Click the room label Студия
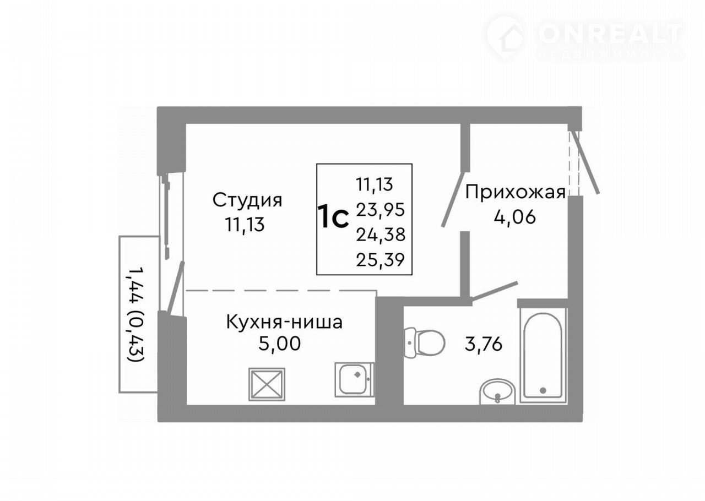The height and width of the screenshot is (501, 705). [247, 201]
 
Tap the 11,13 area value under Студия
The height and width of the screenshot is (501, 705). [245, 225]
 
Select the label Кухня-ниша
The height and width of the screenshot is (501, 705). [284, 322]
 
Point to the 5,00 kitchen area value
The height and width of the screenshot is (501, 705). [279, 344]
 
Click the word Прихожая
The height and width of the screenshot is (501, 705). [516, 192]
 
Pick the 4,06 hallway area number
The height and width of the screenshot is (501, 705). [514, 216]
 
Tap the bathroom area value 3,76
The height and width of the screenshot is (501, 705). [484, 344]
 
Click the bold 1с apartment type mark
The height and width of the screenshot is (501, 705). [333, 216]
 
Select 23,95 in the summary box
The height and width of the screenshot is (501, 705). [380, 210]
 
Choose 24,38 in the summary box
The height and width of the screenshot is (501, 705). [381, 235]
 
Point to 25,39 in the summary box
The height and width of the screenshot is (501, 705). [380, 260]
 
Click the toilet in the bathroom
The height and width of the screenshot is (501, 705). [424, 342]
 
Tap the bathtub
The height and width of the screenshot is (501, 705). [543, 355]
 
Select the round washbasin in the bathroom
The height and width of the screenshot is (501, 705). [497, 391]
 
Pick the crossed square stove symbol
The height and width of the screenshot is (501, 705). [267, 384]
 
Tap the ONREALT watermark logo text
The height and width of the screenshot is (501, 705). [610, 34]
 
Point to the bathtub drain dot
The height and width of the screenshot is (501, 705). [543, 390]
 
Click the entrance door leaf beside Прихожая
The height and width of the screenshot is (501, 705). [585, 162]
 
